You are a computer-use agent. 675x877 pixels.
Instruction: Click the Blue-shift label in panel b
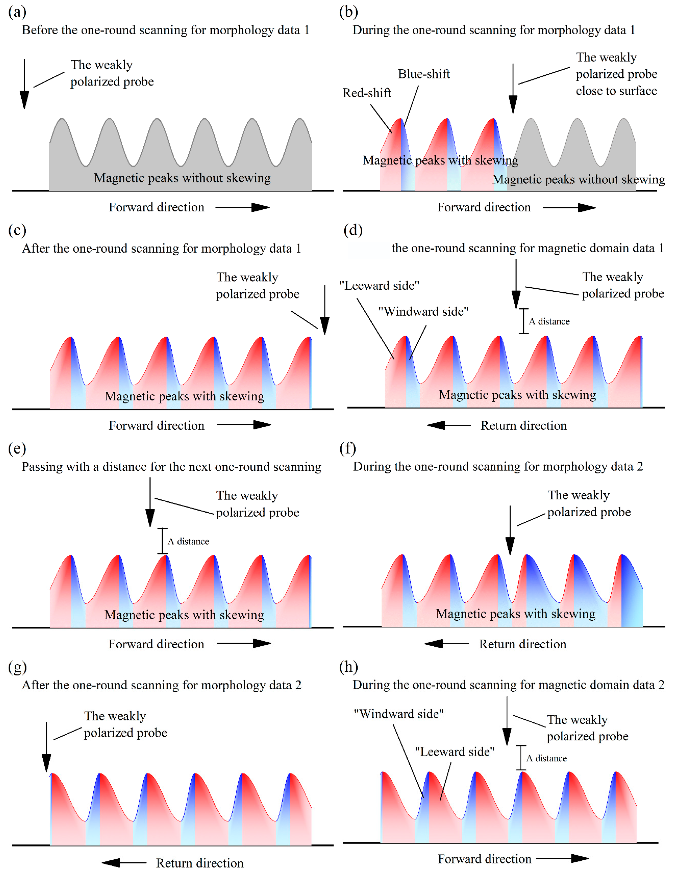(424, 74)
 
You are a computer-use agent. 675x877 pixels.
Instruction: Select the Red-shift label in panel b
(366, 93)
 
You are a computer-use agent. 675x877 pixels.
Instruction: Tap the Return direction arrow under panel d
(449, 425)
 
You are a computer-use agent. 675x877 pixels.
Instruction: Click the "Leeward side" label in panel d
(379, 285)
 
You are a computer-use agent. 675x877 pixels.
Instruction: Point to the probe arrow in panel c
(325, 310)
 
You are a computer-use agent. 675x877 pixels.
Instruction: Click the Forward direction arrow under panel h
(563, 858)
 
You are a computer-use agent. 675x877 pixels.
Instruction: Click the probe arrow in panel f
(510, 530)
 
